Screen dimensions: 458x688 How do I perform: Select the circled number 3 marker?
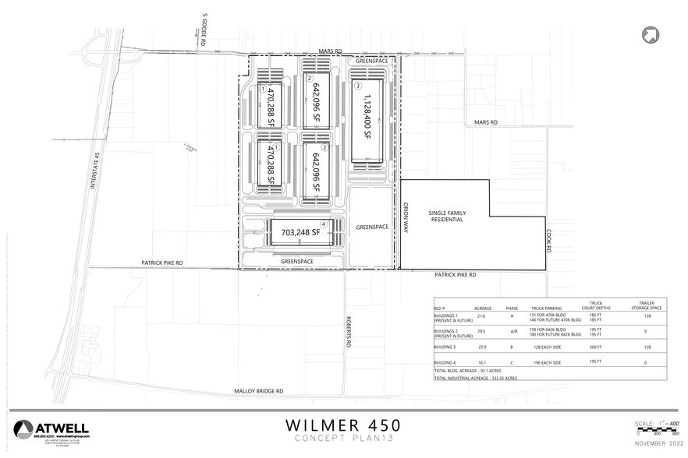coord(357,85)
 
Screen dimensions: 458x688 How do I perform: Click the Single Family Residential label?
coord(445,216)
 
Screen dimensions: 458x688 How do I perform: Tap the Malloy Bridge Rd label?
coord(258,392)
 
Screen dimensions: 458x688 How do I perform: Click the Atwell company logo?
coord(51,429)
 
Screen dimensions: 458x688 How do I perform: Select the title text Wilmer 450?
coord(343,425)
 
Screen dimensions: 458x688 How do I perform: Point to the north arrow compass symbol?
coord(648,34)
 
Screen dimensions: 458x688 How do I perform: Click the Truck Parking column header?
coord(548,308)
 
